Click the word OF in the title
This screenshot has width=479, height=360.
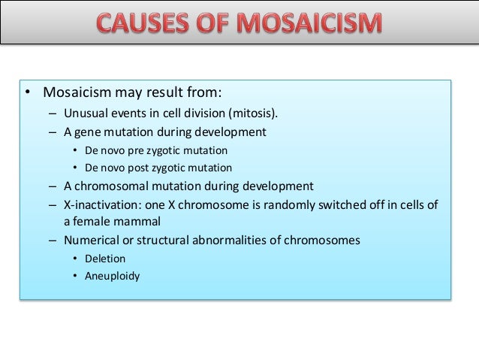[x=217, y=26]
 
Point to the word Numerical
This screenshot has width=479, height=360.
[x=94, y=241]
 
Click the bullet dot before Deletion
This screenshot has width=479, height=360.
[x=75, y=259]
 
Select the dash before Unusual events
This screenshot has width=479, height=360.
[x=53, y=113]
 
